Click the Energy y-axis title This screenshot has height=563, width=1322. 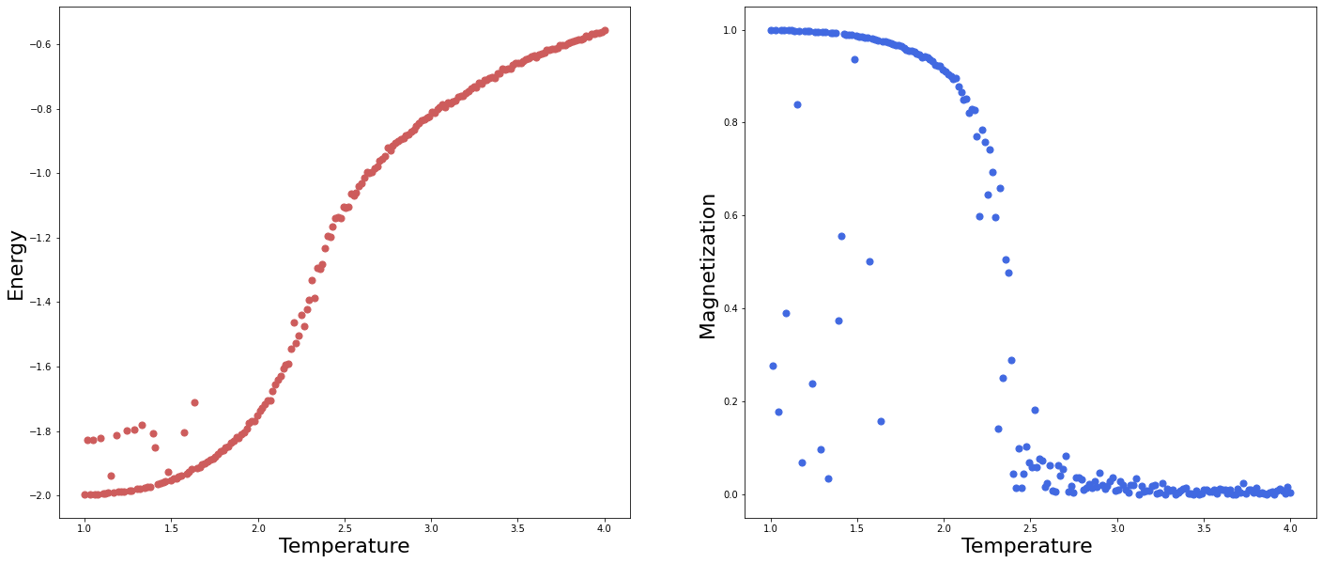(16, 264)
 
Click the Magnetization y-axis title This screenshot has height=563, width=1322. (708, 266)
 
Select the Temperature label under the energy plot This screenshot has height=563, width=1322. (344, 546)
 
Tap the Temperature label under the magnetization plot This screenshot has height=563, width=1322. (1026, 546)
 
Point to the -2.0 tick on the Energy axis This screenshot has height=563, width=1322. (40, 495)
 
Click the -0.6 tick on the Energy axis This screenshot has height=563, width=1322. (40, 45)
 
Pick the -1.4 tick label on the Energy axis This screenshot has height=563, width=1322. (40, 303)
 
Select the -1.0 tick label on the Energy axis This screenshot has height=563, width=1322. (40, 174)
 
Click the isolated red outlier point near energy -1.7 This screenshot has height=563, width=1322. (194, 402)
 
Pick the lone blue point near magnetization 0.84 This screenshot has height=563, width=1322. (797, 104)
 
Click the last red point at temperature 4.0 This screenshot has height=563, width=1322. (604, 30)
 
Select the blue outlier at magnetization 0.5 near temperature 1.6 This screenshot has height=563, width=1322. (869, 261)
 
